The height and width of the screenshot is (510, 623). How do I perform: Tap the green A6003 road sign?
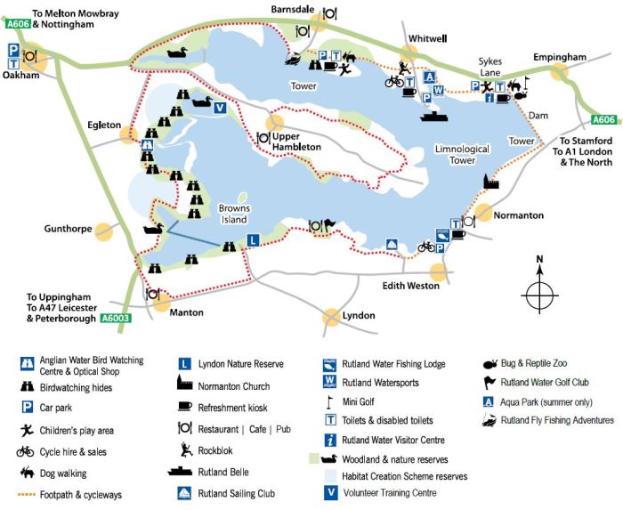[x=117, y=318]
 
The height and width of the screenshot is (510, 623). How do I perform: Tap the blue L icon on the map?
[x=253, y=239]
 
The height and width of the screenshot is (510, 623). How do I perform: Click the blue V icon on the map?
[x=220, y=108]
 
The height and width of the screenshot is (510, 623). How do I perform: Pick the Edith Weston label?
[x=410, y=286]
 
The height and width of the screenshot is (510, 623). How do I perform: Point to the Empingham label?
[x=560, y=58]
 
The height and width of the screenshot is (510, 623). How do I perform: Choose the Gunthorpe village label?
[x=69, y=229]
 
